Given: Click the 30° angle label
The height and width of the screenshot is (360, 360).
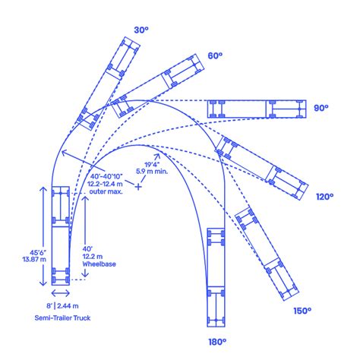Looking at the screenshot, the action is [141, 30].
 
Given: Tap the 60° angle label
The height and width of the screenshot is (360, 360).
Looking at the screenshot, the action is [215, 55].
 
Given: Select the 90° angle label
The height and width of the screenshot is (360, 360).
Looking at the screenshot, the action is [321, 108].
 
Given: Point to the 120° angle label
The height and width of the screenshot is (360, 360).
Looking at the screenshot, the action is [325, 197].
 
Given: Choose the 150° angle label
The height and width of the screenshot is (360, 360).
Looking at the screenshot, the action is [302, 311].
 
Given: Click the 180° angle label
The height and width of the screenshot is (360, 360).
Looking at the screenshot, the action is [217, 342].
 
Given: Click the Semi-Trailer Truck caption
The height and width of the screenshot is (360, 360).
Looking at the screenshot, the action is [62, 318].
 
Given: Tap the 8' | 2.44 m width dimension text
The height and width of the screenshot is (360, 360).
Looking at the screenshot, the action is [62, 306].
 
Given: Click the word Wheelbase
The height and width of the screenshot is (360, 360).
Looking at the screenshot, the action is [99, 264].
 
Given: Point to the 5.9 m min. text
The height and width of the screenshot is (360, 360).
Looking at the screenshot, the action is [152, 171].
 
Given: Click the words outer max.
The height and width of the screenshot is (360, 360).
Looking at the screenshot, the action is [106, 191].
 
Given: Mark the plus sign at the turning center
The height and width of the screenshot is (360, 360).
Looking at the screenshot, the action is [138, 187].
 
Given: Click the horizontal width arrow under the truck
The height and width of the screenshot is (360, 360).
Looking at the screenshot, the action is [61, 293].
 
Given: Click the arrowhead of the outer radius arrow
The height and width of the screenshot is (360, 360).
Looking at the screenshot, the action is [63, 152].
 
